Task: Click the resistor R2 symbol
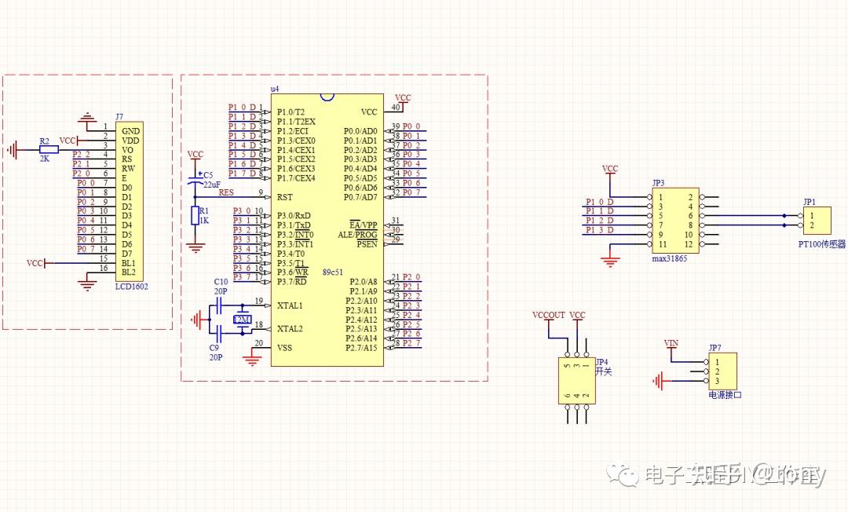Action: (48, 149)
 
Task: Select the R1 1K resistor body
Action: (196, 216)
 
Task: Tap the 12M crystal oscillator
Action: (242, 320)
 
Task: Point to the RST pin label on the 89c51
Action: (284, 197)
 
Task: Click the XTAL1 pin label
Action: (290, 305)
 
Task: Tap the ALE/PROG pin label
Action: (357, 235)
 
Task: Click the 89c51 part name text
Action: (332, 272)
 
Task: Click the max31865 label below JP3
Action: (670, 258)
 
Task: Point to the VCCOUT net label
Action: (548, 315)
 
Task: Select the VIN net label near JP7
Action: (671, 343)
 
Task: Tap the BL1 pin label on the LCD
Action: (128, 263)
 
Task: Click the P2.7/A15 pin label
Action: (360, 348)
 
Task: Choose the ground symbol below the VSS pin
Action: (252, 360)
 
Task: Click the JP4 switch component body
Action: (577, 381)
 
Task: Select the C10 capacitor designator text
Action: (221, 281)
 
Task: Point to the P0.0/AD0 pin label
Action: (360, 131)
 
